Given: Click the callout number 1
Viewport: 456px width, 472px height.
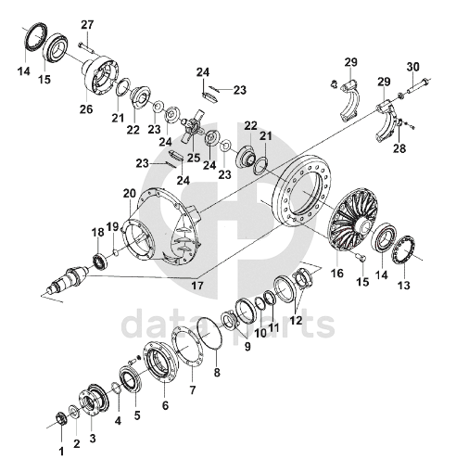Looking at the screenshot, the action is click(61, 452).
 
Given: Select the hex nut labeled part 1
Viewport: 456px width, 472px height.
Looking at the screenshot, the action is click(60, 418).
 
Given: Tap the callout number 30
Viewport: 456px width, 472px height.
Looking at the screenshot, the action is click(413, 67).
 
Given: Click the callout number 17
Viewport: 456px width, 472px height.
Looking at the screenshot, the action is click(197, 286).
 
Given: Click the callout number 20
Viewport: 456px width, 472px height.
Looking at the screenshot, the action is click(130, 194).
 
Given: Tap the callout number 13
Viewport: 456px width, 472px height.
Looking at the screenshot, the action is click(404, 285).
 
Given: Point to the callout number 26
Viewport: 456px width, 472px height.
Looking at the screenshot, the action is click(86, 108).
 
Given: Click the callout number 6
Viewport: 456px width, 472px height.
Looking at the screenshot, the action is click(165, 405).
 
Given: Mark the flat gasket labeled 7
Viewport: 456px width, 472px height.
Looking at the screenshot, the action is click(187, 347).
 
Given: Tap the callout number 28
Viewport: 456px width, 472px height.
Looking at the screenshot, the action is click(399, 148).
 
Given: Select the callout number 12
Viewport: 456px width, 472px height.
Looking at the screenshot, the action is click(296, 320).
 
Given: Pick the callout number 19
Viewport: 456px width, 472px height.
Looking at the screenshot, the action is click(112, 227).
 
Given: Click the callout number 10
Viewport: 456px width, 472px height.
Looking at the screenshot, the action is click(260, 333).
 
